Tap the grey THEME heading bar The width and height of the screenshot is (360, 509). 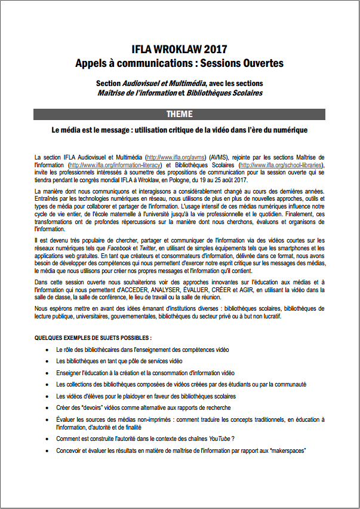[x=179, y=114]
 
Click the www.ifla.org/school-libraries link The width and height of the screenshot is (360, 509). [x=281, y=165]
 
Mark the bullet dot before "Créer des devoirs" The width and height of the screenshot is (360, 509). [x=47, y=407]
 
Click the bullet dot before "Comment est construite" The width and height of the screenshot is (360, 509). [x=47, y=439]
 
